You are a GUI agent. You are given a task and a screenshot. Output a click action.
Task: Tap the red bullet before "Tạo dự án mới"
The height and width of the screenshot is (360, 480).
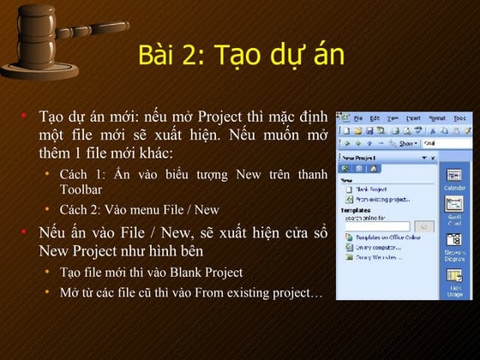(26, 114)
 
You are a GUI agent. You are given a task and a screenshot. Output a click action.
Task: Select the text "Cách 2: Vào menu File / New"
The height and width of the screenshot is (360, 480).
(139, 209)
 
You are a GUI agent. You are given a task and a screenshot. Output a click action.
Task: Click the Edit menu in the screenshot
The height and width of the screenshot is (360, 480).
(375, 117)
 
